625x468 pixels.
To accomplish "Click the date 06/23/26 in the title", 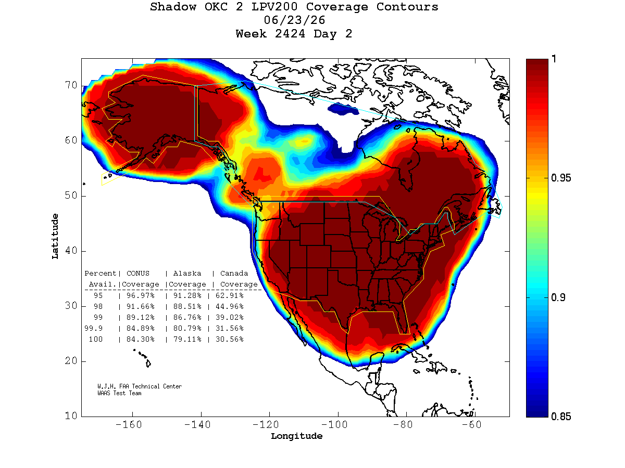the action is pos(294,20).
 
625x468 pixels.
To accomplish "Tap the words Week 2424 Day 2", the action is pos(294,34).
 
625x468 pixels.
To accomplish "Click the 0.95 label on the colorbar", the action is pos(560,178).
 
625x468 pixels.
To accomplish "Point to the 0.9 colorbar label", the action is pos(558,297).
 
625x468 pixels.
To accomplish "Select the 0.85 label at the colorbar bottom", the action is pos(560,417).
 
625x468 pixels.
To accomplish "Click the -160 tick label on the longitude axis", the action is pos(129,424).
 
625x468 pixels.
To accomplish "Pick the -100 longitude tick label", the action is pos(334,424).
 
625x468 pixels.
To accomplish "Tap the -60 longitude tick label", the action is pos(471,424).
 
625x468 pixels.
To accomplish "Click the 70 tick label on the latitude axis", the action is pos(71,85).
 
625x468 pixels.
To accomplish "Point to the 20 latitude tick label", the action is pos(71,360).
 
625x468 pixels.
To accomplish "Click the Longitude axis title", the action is pos(297,436).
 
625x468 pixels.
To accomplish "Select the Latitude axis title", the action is pos(55,236).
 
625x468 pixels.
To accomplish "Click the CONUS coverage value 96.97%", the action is pos(141,295).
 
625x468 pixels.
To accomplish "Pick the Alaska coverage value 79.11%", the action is pos(187,339).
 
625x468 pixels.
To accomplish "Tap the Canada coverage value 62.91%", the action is pos(230,295).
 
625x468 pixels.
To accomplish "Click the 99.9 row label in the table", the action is pos(93,328).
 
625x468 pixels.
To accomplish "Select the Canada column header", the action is pos(234,274).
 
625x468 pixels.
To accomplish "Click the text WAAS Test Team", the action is pos(119,393).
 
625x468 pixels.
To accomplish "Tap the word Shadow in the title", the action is pos(173,7).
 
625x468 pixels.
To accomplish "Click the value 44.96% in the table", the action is pos(230,306).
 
